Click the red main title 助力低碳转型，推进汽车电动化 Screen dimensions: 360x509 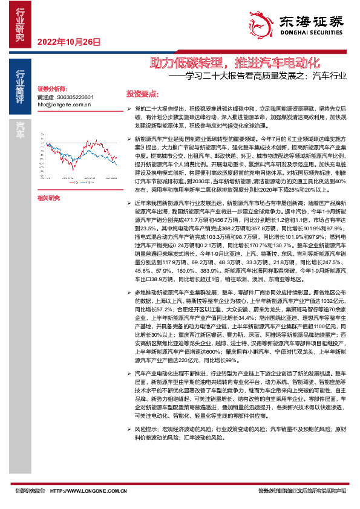point(234,62)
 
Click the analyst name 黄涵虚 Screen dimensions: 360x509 point(46,97)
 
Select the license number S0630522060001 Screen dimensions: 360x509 point(75,97)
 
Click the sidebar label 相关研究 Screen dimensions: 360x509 point(48,198)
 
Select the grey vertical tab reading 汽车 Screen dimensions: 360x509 point(20,131)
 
